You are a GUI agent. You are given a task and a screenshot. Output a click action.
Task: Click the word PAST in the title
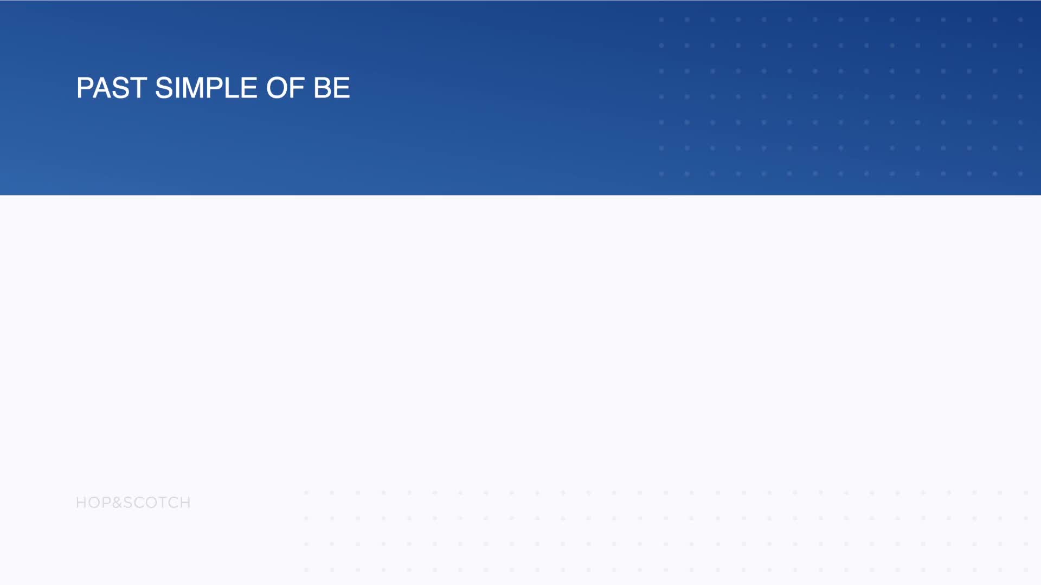point(112,88)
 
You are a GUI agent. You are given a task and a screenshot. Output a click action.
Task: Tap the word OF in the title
point(285,88)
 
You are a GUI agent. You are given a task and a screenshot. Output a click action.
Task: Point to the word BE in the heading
point(332,88)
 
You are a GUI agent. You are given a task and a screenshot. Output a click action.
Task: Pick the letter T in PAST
point(138,88)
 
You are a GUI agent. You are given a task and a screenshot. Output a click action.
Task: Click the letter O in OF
point(277,88)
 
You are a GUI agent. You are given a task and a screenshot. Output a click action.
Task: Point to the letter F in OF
point(298,88)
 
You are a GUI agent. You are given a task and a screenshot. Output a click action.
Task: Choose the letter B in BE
point(323,88)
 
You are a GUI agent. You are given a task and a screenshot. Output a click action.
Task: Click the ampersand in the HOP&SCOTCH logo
point(117,503)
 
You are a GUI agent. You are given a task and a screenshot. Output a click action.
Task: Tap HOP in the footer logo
point(93,503)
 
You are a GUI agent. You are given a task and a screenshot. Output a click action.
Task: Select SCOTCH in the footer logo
point(157,503)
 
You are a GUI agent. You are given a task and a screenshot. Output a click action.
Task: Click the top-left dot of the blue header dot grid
point(661,19)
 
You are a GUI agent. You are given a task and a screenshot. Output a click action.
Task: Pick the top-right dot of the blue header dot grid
point(1020,19)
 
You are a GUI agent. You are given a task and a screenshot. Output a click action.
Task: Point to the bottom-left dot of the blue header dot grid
point(661,174)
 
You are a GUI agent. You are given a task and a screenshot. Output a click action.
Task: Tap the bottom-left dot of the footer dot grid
point(306,570)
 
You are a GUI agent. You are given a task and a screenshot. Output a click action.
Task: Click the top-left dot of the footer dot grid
point(306,493)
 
